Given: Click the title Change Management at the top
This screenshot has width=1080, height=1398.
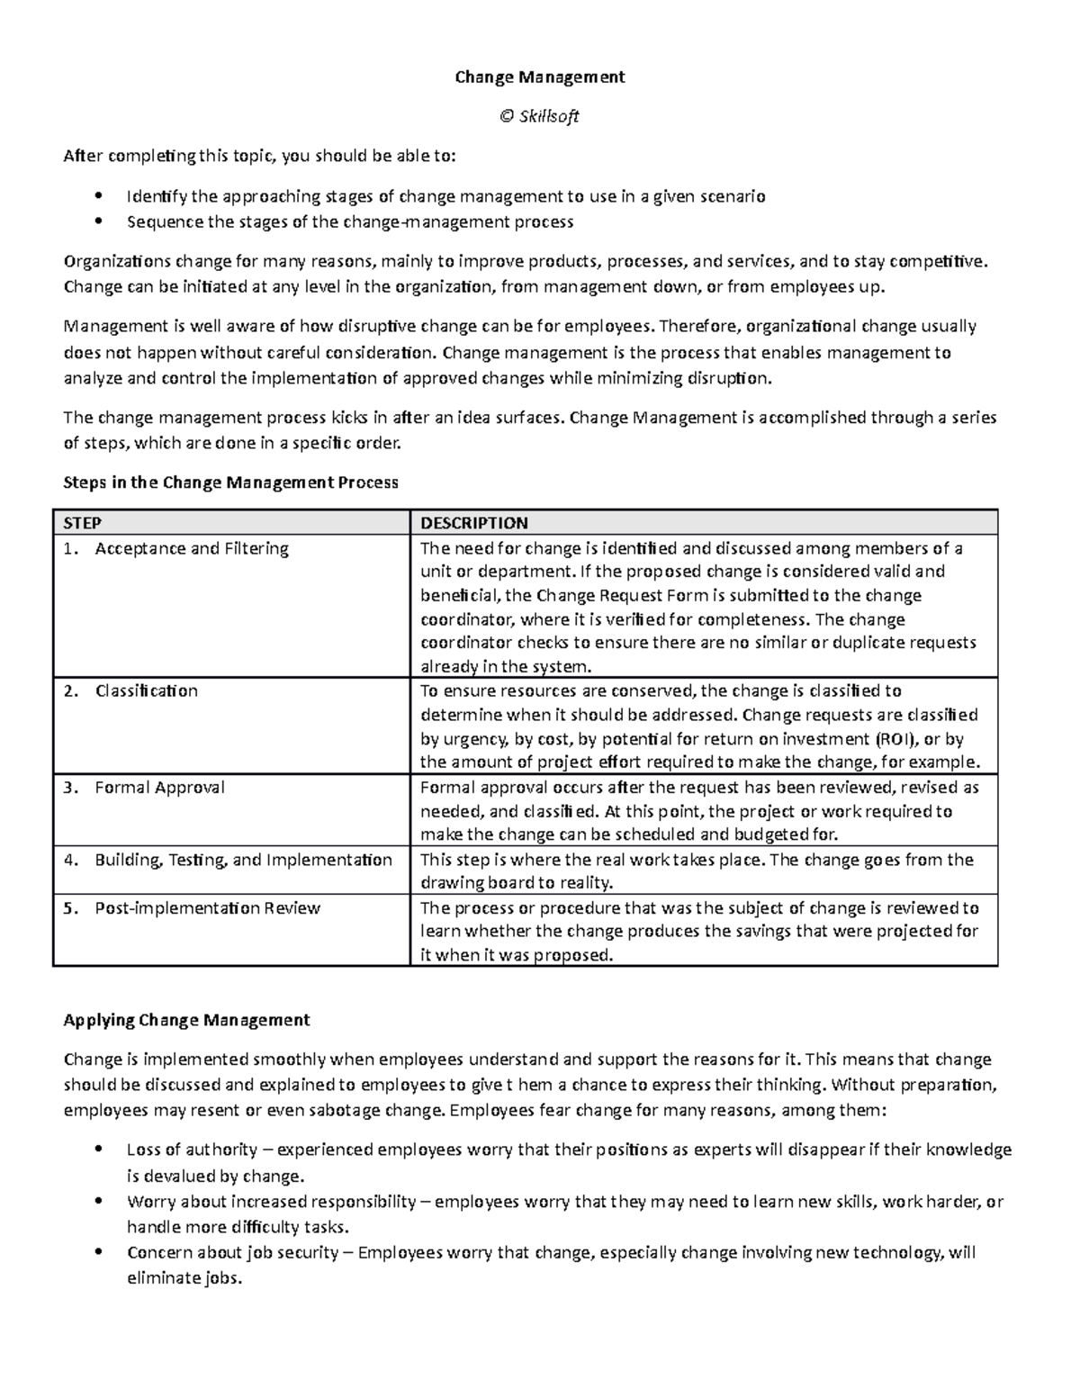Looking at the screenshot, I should click(539, 77).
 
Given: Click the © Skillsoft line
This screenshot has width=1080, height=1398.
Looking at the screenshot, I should click(539, 116).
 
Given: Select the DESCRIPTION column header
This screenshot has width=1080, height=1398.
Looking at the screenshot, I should click(474, 523).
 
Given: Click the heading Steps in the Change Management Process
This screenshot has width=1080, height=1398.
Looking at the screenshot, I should click(230, 483).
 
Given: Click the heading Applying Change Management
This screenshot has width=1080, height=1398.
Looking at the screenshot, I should click(186, 1020).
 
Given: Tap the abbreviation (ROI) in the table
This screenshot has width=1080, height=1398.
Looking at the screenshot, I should click(892, 739).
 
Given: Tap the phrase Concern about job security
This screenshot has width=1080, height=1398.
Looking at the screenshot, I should click(233, 1253).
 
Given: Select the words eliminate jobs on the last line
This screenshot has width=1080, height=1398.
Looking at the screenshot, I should click(184, 1278).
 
